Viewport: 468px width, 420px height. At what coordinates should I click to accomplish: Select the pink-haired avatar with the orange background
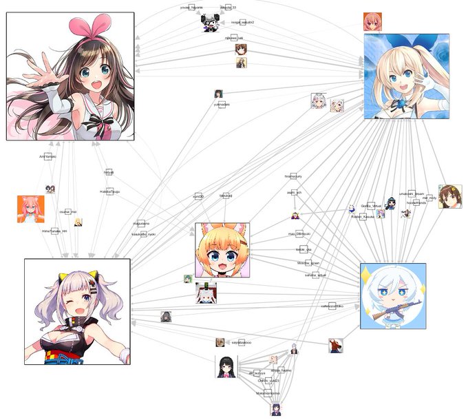[x=30, y=209]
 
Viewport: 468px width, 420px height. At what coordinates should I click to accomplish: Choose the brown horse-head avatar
[x=335, y=344]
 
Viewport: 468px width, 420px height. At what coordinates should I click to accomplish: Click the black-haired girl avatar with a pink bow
[x=226, y=366]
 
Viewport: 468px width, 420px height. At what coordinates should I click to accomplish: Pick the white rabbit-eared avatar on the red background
[x=206, y=293]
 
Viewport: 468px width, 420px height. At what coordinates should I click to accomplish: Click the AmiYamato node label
[x=47, y=157]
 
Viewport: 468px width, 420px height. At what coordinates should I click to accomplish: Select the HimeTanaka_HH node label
[x=55, y=231]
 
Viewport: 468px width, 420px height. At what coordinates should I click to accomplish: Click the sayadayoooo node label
[x=240, y=342]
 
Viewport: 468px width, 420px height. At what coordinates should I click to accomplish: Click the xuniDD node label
[x=198, y=197]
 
